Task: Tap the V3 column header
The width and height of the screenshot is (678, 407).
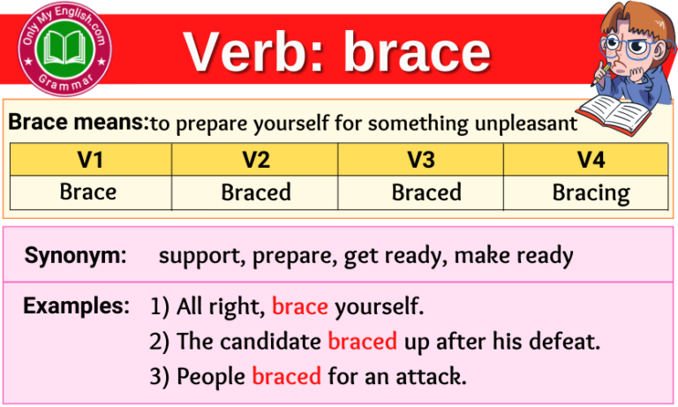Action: point(420,160)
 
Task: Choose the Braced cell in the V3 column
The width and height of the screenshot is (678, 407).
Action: point(420,192)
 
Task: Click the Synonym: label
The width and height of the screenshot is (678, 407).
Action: point(76,256)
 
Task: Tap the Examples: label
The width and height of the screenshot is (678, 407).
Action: point(76,306)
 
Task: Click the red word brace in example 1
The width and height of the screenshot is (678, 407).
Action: point(300,308)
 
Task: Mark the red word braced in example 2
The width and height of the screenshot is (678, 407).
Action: point(362,342)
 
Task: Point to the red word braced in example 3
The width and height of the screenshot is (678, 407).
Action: point(286,376)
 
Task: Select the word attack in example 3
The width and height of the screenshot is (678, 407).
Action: point(433,376)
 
